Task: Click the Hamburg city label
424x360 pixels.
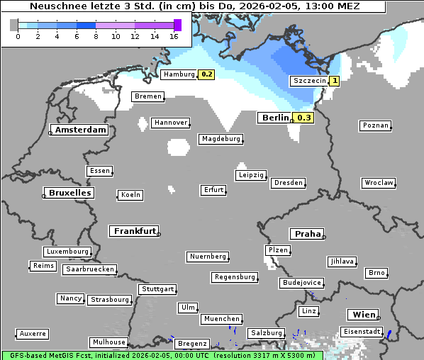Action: [x=179, y=74]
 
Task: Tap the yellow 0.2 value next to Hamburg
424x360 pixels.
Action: [x=206, y=74]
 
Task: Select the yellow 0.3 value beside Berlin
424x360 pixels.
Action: [x=304, y=118]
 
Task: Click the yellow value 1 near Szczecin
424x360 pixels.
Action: [x=334, y=81]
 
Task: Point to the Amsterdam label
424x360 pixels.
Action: [x=80, y=130]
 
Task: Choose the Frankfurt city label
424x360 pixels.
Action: [x=134, y=231]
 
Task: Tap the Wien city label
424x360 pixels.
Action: [x=362, y=315]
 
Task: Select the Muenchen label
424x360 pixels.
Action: [x=221, y=320]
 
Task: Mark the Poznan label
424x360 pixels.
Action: [x=375, y=125]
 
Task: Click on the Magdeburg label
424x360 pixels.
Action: [x=221, y=139]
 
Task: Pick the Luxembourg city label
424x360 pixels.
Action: [x=67, y=252]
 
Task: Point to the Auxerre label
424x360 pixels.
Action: [x=33, y=333]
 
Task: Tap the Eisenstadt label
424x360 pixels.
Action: [x=361, y=332]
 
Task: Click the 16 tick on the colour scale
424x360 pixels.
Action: [x=173, y=36]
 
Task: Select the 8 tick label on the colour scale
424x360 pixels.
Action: [x=96, y=36]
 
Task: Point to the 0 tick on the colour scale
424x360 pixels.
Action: [x=17, y=36]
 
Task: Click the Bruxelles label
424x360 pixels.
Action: [x=69, y=193]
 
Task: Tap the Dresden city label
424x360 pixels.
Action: [x=288, y=183]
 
